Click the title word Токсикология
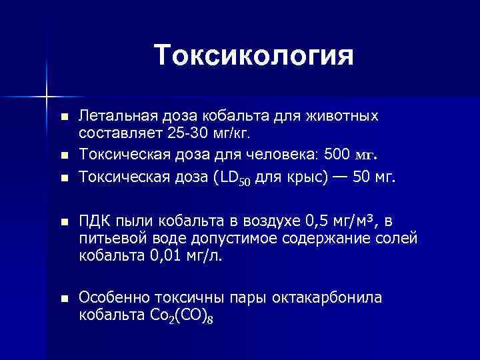(x=253, y=55)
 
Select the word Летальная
(x=110, y=116)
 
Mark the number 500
(x=336, y=155)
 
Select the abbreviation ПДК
(x=95, y=221)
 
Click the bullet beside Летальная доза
(x=64, y=117)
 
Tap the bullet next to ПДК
(x=64, y=221)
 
